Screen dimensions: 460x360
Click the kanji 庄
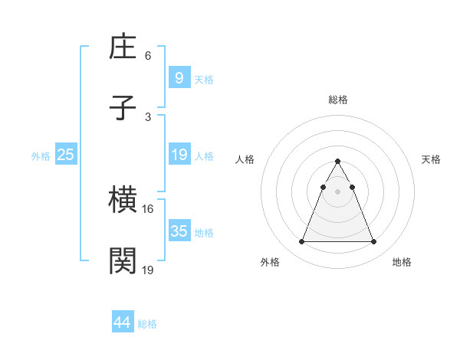click(x=123, y=48)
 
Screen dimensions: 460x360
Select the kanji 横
click(x=123, y=201)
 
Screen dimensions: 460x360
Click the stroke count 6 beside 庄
click(x=148, y=56)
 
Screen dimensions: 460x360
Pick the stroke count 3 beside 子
click(x=148, y=116)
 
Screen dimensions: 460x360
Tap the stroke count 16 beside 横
click(x=148, y=208)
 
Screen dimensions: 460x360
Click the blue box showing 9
click(x=179, y=78)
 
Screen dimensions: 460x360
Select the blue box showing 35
click(x=179, y=231)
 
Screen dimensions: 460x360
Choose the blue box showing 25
click(x=66, y=155)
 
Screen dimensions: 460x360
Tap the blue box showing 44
click(x=122, y=322)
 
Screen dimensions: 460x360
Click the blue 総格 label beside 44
click(x=147, y=324)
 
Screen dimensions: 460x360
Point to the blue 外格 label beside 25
click(x=41, y=156)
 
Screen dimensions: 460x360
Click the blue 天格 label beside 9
click(x=204, y=80)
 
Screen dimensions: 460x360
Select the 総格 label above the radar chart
click(x=337, y=100)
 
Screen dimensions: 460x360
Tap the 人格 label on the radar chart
click(x=245, y=159)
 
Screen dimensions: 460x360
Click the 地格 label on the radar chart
click(x=402, y=262)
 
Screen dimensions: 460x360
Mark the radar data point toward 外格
click(x=301, y=242)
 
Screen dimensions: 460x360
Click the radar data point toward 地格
click(x=373, y=242)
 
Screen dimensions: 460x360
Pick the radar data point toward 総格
click(x=337, y=162)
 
